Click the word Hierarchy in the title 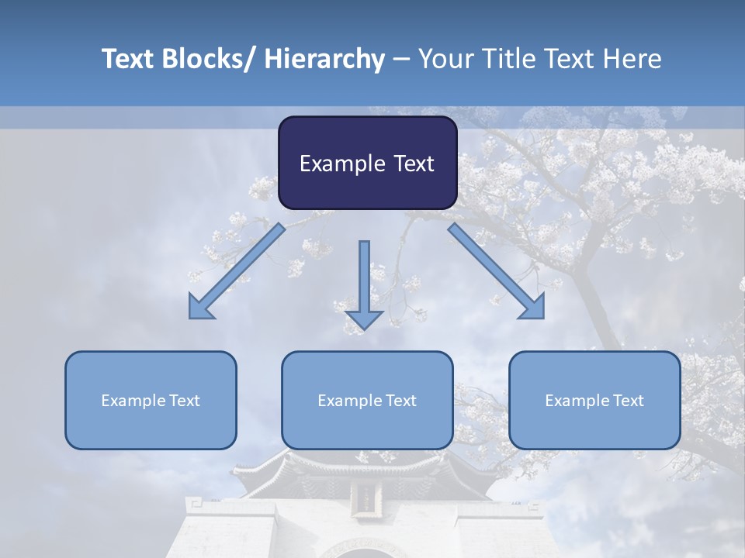click(x=324, y=59)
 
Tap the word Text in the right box click(x=627, y=401)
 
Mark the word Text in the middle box click(x=400, y=401)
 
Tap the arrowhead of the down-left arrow click(x=200, y=308)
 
